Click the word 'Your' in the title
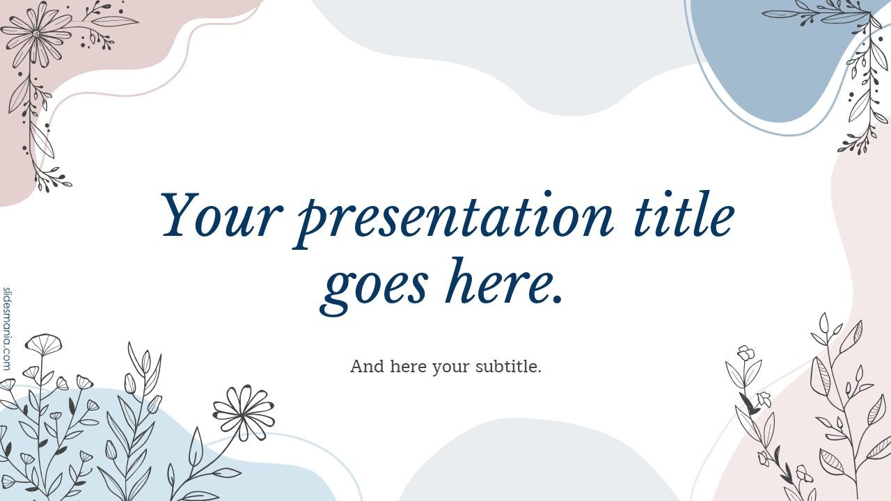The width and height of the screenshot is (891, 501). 221,216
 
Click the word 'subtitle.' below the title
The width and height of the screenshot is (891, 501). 508,366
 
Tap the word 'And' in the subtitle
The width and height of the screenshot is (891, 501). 366,366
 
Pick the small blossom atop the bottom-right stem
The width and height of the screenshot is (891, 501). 746,353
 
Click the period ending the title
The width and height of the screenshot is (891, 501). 555,299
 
